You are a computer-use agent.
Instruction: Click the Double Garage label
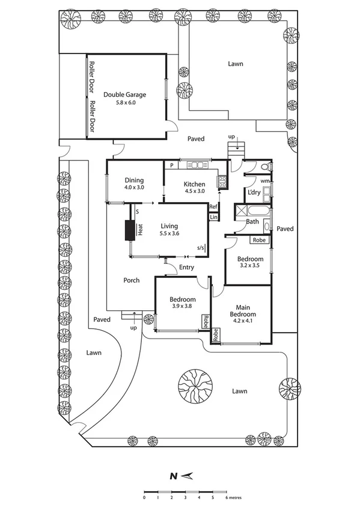point(124,94)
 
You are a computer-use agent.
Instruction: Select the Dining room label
point(135,180)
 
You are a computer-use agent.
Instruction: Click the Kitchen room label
point(194,184)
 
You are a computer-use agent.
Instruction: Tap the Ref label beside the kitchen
point(213,206)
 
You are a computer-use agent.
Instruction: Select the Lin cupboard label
point(213,217)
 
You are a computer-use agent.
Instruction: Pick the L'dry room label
point(253,192)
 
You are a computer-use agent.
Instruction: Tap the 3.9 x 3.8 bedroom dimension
point(182,307)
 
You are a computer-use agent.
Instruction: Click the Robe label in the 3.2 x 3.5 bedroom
point(259,240)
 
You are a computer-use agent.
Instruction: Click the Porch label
point(132,280)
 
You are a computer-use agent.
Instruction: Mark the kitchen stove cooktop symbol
point(221,179)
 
